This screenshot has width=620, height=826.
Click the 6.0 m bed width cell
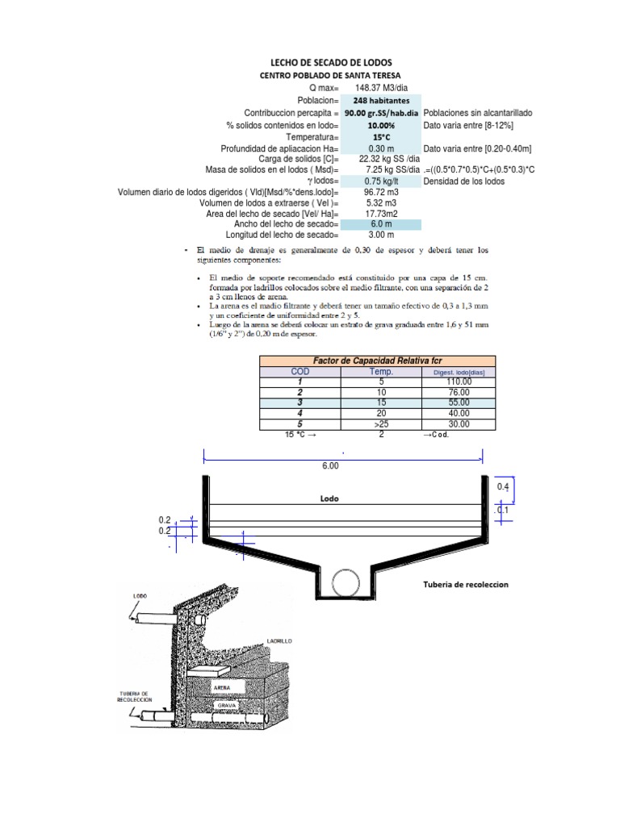point(380,223)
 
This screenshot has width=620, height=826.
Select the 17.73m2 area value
point(380,212)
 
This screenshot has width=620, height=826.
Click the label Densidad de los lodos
point(464,181)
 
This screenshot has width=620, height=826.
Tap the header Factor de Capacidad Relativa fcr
point(378,360)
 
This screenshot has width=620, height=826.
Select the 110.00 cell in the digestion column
point(458,382)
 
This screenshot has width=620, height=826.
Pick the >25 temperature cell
point(380,423)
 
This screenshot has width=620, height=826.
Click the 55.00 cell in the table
point(458,403)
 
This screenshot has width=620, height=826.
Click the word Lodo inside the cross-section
point(329,499)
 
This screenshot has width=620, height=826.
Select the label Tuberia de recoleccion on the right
point(466,584)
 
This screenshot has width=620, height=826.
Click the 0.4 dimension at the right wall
point(503,487)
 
